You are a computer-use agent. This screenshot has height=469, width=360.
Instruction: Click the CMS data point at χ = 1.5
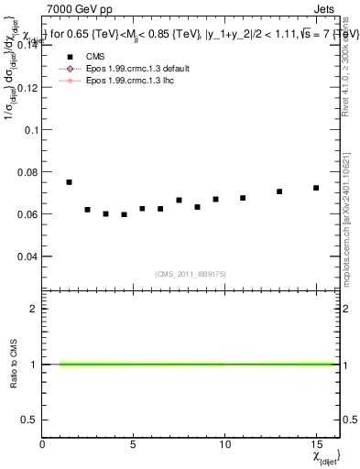[x=70, y=182]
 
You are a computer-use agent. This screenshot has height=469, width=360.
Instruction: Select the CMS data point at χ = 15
[x=316, y=188]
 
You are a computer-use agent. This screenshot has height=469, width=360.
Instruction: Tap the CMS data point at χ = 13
[x=279, y=191]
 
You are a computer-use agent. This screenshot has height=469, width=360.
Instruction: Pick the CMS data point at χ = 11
[x=243, y=198]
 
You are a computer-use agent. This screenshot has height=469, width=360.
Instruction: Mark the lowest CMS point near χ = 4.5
[x=124, y=214]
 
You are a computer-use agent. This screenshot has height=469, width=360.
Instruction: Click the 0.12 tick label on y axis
[x=26, y=88]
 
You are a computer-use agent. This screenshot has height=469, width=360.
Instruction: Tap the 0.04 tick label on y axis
[x=26, y=256]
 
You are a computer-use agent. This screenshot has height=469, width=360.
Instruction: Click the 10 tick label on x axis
[x=225, y=443]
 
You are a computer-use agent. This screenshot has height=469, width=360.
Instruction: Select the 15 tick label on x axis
[x=316, y=443]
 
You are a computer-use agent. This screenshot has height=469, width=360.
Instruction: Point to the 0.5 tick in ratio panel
[x=29, y=420]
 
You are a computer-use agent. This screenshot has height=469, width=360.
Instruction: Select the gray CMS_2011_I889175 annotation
[x=189, y=272]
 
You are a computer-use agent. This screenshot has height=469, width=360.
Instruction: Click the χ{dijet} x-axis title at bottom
[x=324, y=454]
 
